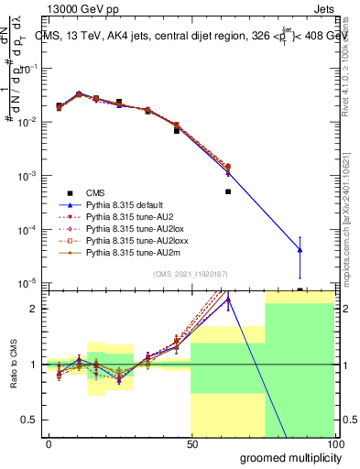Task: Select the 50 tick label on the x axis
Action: (191, 443)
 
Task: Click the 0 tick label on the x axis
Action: (48, 443)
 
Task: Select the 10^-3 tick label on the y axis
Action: (27, 175)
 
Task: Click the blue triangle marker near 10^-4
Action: (300, 249)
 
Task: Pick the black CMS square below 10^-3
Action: (228, 191)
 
